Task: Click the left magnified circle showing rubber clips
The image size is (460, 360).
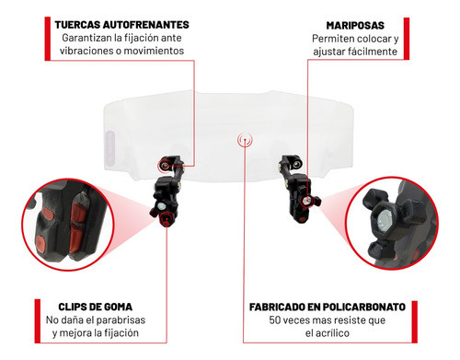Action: (63, 219)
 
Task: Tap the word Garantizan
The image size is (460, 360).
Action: (91, 38)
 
